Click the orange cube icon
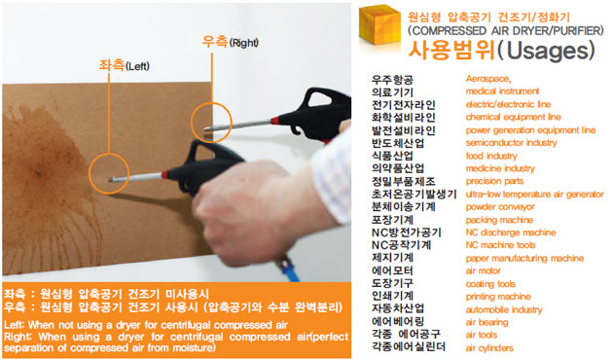click(379, 24)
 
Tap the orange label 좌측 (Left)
click(124, 65)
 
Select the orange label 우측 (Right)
click(230, 42)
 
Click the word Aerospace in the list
click(487, 79)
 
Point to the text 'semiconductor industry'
click(511, 143)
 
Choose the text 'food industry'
click(491, 156)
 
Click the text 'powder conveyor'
click(500, 207)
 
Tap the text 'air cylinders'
click(489, 348)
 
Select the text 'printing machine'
click(498, 297)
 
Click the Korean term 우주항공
click(392, 80)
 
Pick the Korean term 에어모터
click(392, 270)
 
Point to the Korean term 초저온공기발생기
click(414, 194)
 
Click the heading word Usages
click(547, 50)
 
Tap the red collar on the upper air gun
click(275, 121)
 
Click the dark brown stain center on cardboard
click(44, 169)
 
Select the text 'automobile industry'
click(504, 309)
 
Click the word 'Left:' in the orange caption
click(15, 325)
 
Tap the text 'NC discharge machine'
click(511, 233)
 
